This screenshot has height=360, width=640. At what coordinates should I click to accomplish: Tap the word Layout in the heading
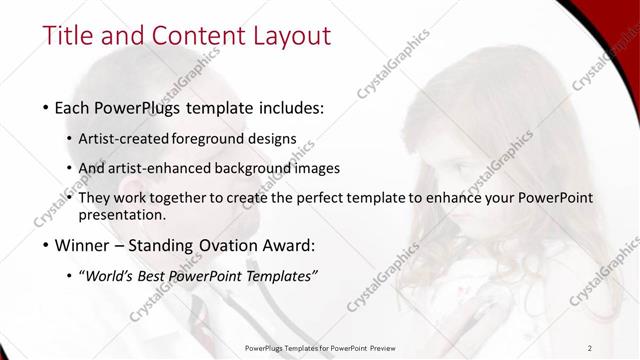point(286,37)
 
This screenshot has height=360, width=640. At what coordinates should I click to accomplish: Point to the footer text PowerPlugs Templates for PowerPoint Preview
point(320,347)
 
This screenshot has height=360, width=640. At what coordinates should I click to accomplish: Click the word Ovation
point(247,245)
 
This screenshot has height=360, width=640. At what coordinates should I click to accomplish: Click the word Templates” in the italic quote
point(282,275)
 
